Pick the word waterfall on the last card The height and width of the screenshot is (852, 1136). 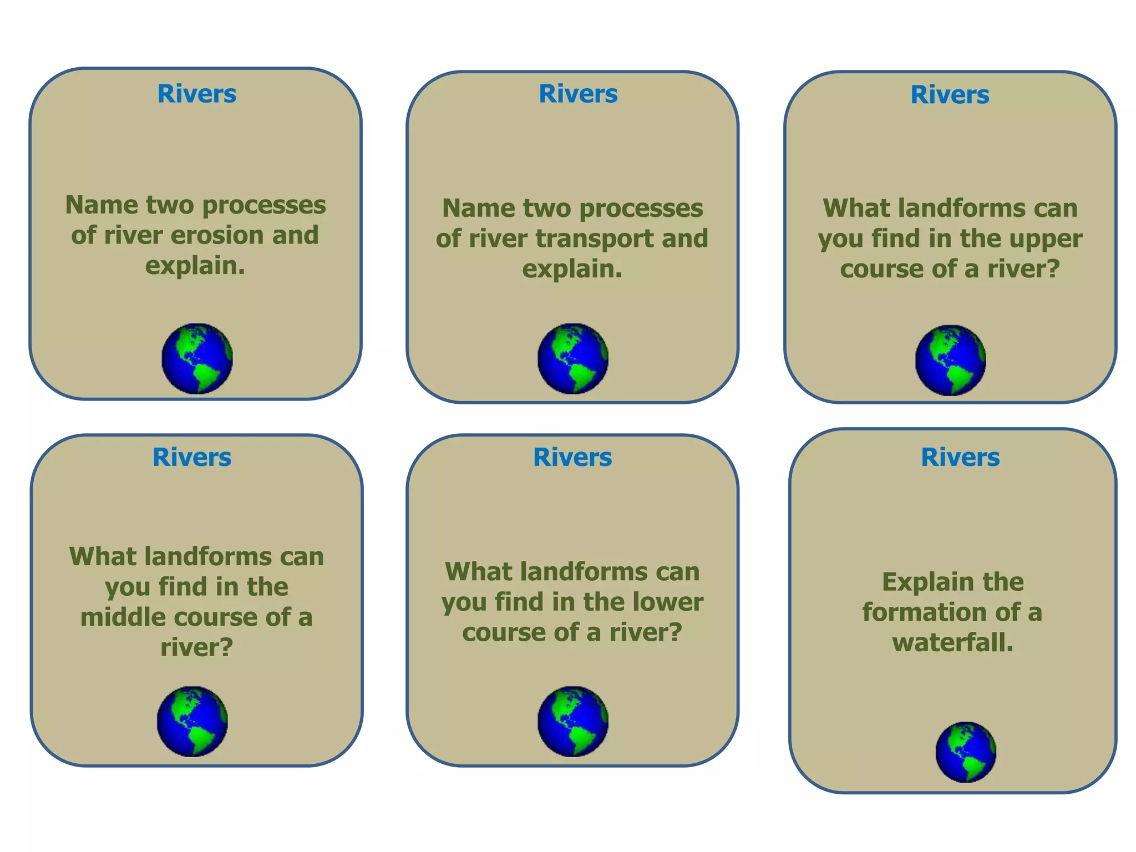click(x=952, y=643)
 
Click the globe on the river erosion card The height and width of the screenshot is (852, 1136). click(x=197, y=359)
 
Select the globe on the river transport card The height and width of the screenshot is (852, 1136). click(x=573, y=359)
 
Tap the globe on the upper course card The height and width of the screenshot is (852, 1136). click(x=950, y=360)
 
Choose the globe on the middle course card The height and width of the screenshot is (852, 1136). click(x=192, y=722)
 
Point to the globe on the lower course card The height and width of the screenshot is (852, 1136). click(x=573, y=722)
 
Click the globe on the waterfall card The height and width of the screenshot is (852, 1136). click(x=966, y=752)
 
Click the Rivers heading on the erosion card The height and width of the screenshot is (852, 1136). click(x=197, y=94)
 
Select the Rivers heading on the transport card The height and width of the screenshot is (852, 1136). click(x=578, y=94)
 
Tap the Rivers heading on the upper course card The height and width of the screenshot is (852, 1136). click(x=950, y=95)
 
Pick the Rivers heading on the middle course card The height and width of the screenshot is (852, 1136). click(x=192, y=458)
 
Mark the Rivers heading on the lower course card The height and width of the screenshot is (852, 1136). click(x=572, y=458)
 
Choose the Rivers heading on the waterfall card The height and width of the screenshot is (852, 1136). click(x=960, y=458)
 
